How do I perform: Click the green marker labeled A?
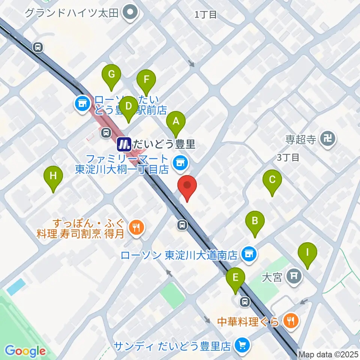(x=175, y=121)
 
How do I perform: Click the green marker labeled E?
(x=235, y=278)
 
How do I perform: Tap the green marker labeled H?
(x=53, y=176)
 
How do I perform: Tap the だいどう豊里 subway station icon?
(x=124, y=143)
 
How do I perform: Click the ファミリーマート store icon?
(x=180, y=162)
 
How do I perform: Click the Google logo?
(x=25, y=351)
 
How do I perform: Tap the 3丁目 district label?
(x=288, y=157)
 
